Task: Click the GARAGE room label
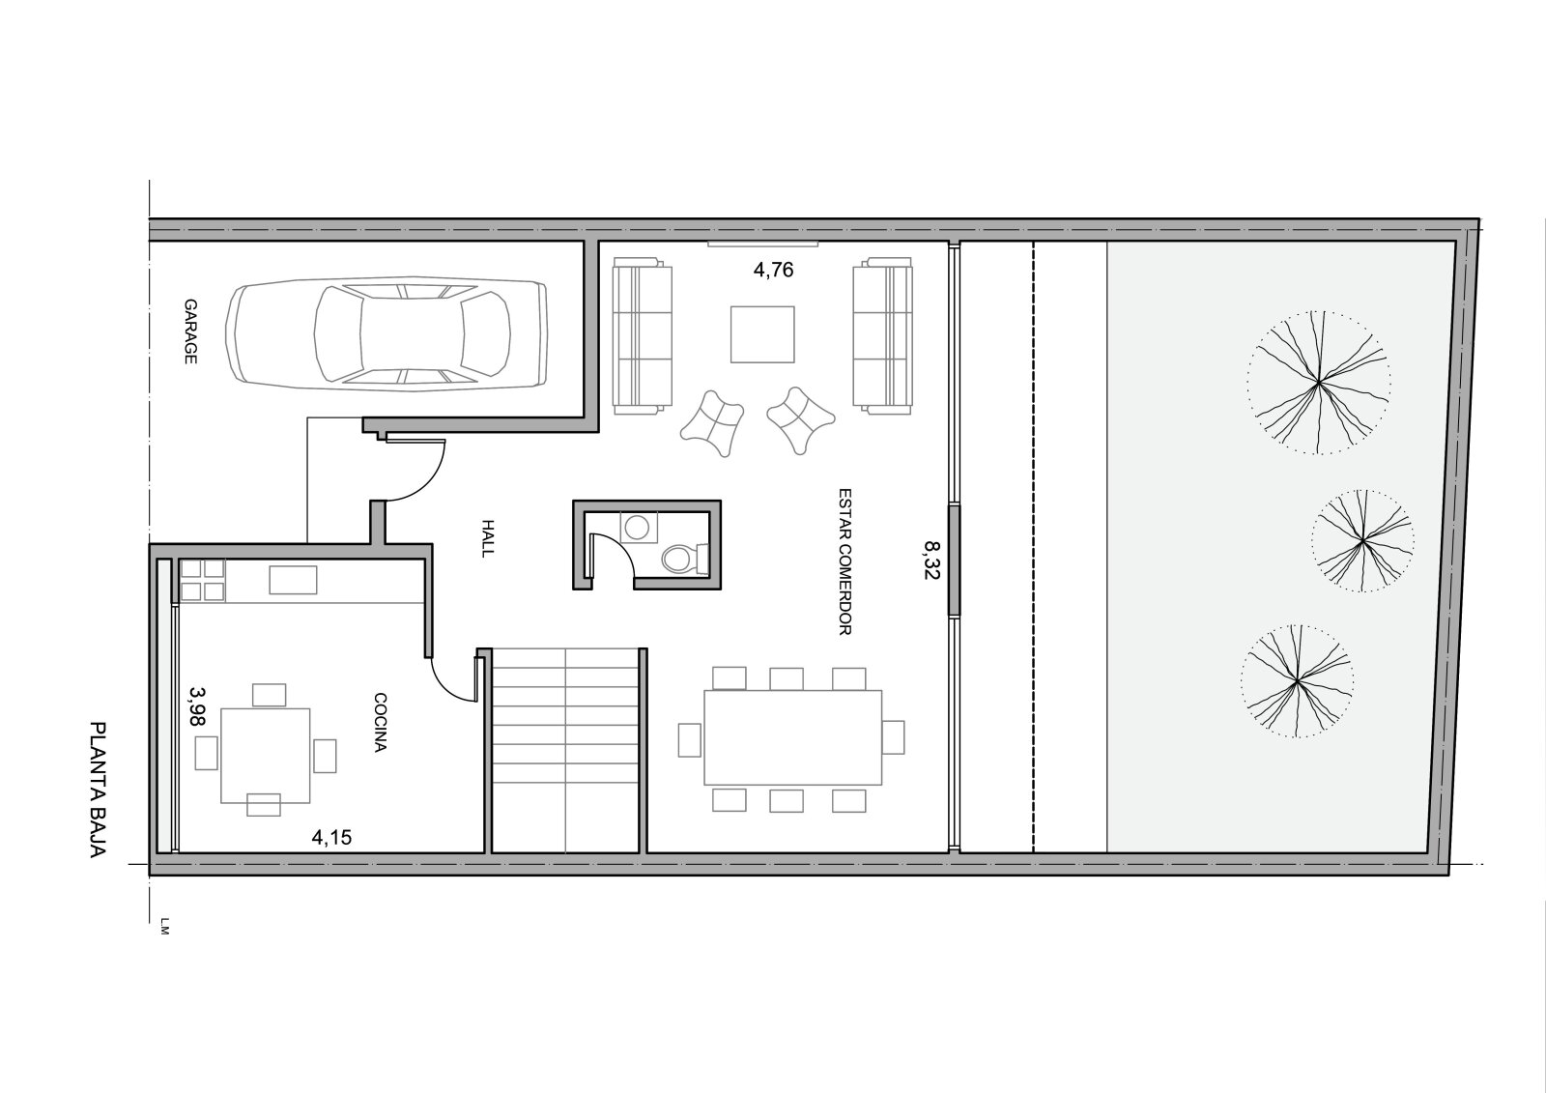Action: click(190, 331)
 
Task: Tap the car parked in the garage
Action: click(387, 332)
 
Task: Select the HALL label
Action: click(488, 538)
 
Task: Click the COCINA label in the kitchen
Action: click(380, 722)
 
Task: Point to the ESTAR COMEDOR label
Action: click(845, 561)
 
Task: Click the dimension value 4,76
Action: click(773, 270)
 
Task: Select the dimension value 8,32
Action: click(931, 560)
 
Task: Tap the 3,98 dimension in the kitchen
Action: click(197, 705)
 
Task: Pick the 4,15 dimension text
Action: click(332, 838)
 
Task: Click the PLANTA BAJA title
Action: click(98, 790)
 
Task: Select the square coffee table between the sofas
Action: click(762, 334)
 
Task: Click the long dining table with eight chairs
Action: click(793, 737)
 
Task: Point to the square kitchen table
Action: click(265, 756)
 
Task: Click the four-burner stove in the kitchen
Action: click(202, 580)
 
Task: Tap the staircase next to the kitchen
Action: click(566, 751)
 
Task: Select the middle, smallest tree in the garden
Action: click(1362, 540)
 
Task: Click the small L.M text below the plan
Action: click(163, 925)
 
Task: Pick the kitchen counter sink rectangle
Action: click(294, 580)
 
